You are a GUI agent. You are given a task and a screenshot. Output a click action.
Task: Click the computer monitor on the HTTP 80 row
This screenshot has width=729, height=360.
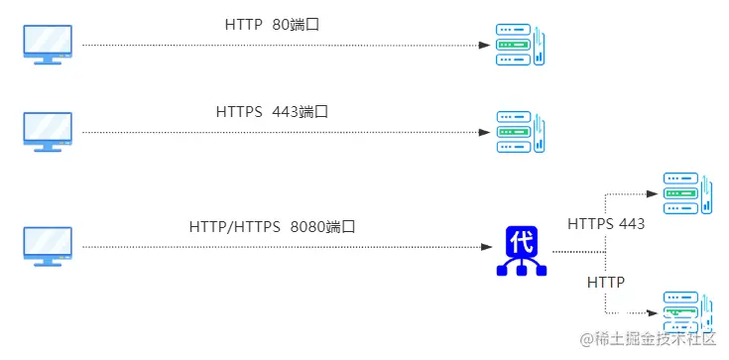[48, 44]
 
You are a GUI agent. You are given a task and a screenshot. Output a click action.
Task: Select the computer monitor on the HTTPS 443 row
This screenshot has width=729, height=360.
[48, 131]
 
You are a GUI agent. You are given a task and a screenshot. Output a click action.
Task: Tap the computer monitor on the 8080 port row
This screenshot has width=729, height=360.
[48, 245]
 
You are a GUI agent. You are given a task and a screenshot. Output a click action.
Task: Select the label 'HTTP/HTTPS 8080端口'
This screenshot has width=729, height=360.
[272, 226]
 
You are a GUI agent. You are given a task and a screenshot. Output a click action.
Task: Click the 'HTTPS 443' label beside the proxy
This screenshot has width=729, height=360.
[606, 224]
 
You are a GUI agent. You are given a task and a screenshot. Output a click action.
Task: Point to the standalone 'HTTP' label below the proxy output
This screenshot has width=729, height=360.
[606, 283]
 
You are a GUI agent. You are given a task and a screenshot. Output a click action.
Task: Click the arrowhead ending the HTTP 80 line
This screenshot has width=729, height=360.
[485, 45]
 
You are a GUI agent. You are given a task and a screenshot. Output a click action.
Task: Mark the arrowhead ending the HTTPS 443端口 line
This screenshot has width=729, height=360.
[485, 132]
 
